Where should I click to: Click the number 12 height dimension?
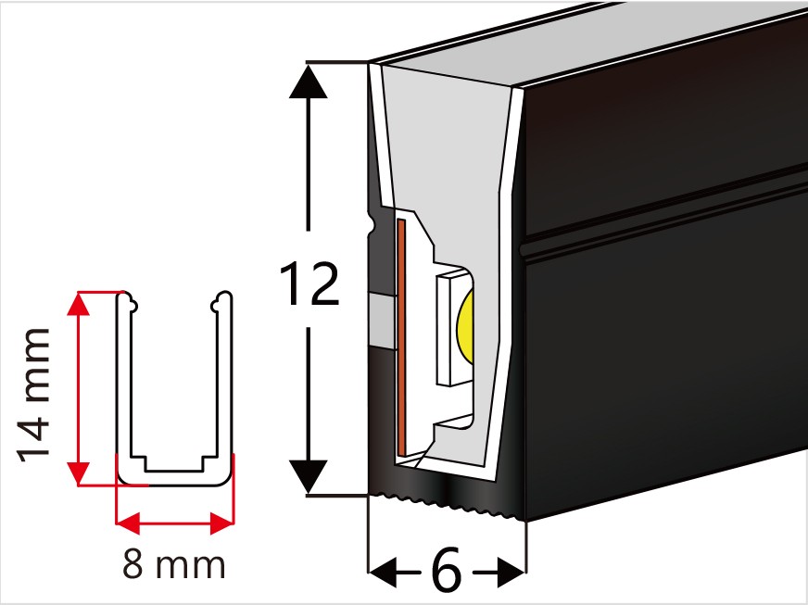click(x=309, y=283)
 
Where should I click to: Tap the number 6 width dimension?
click(x=447, y=571)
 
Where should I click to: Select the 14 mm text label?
click(x=34, y=396)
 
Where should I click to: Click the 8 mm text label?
click(x=173, y=564)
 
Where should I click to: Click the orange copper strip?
click(x=401, y=337)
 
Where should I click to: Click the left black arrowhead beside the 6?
click(x=384, y=572)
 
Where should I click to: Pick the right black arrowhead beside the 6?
click(x=511, y=572)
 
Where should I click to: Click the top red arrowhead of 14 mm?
click(x=79, y=304)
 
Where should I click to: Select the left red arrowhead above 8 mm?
click(x=128, y=523)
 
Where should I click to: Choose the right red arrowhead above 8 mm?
click(x=222, y=523)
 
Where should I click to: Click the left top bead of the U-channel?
click(x=130, y=302)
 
